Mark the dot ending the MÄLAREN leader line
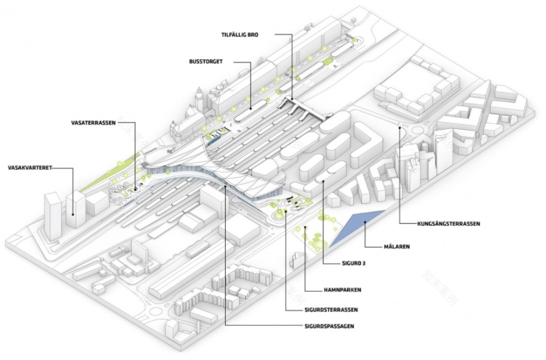point(365,222)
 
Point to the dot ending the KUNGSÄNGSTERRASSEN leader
point(400,128)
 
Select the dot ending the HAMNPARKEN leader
point(307,228)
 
